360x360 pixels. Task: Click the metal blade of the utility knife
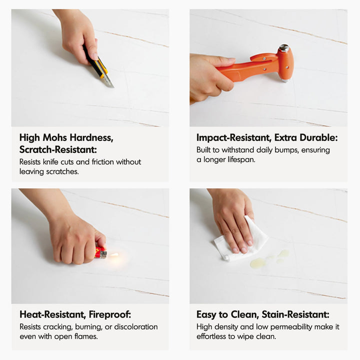coord(108,81)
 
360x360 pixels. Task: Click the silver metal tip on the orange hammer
coord(284,47)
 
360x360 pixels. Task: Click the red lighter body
coord(100,252)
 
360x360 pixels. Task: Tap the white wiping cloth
coord(241,241)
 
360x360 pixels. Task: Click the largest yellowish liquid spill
coord(258,262)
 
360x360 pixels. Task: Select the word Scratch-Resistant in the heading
coord(58,149)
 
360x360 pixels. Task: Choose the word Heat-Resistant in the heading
coord(52,314)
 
